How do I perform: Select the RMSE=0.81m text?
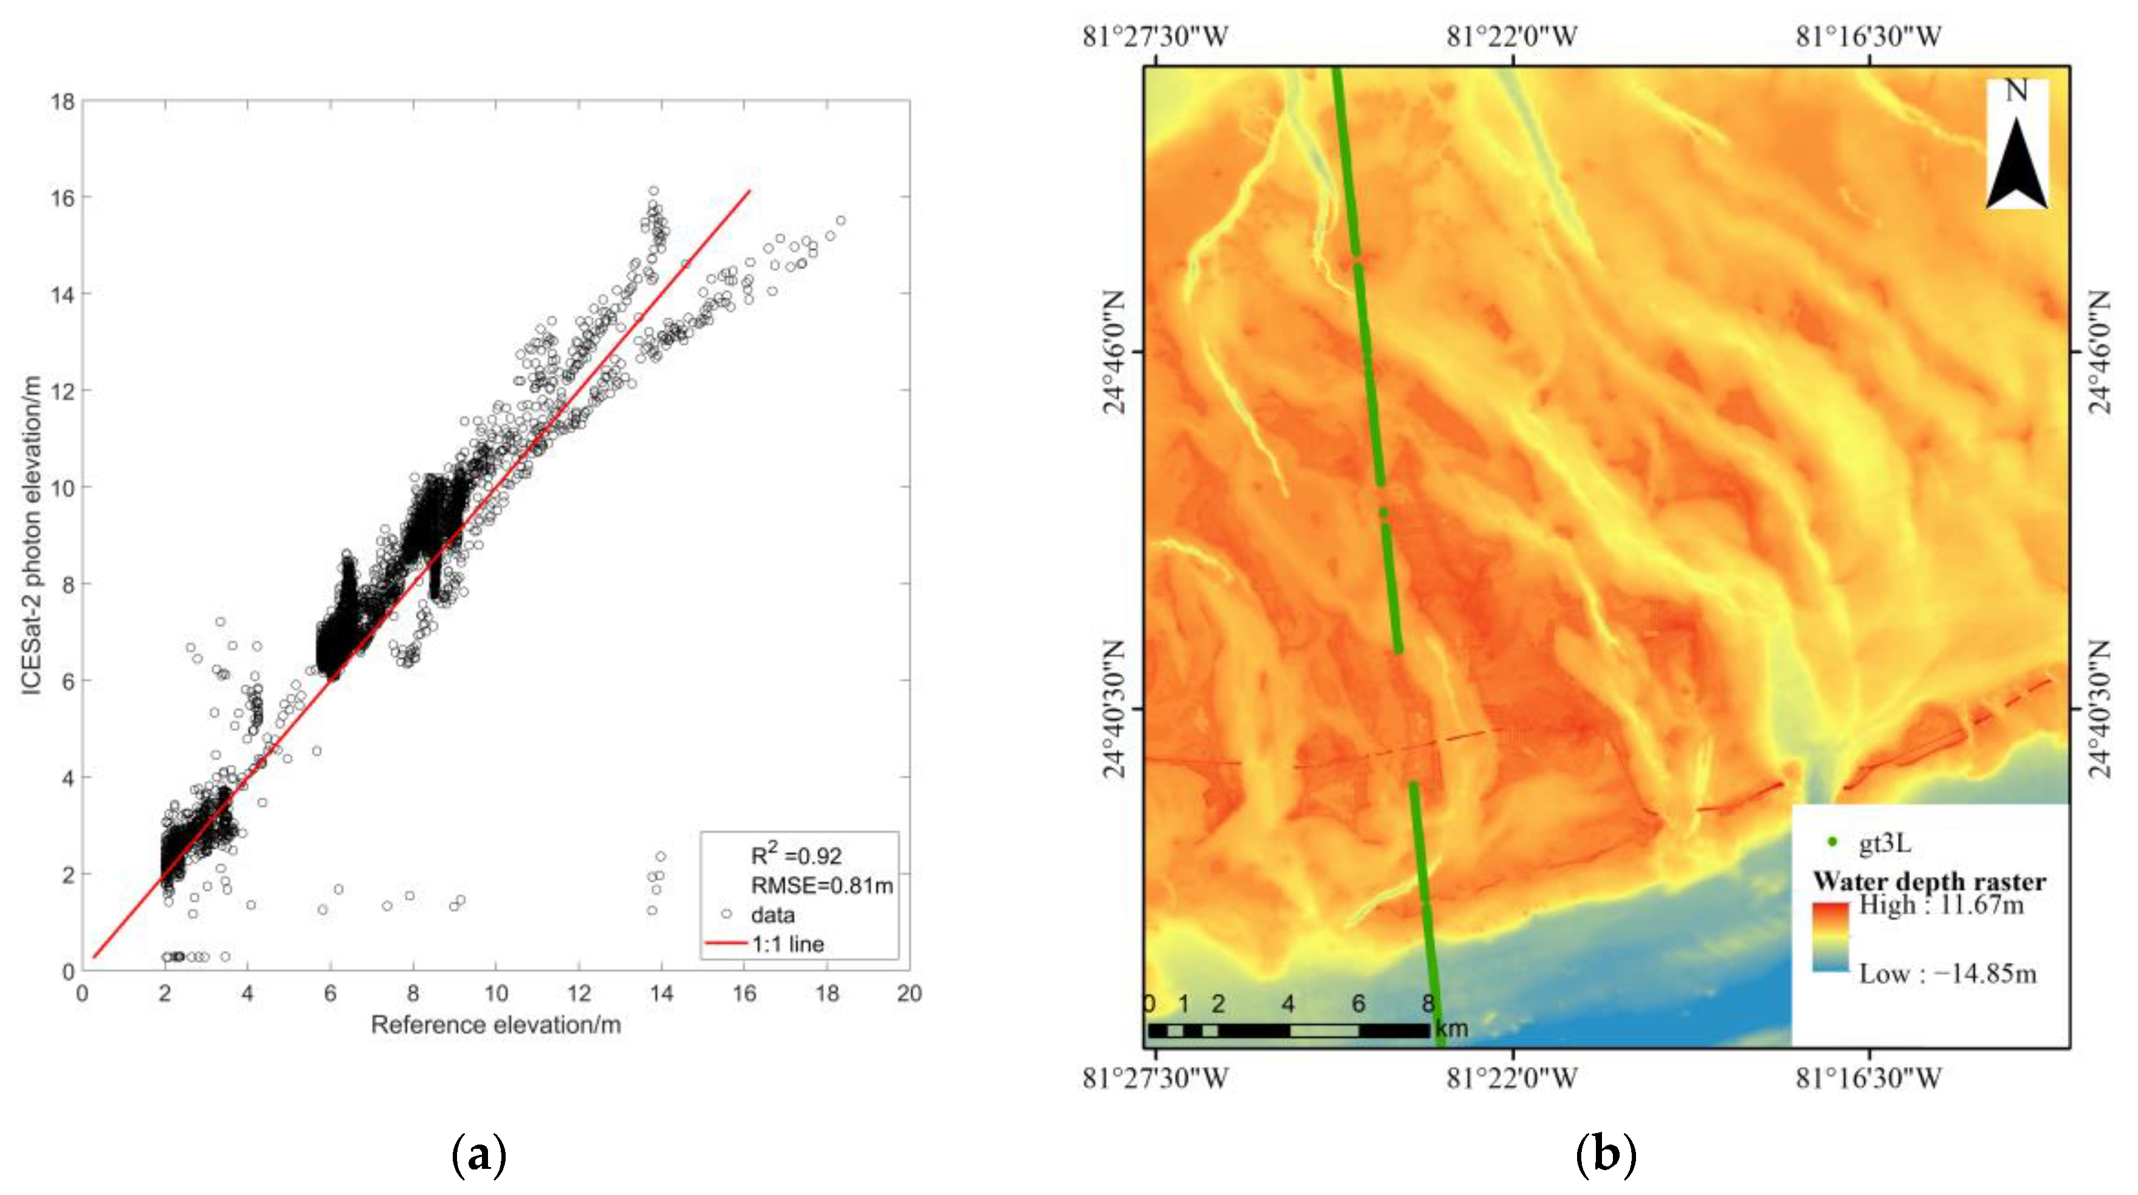[x=821, y=886]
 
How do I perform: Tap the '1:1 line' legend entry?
[x=787, y=943]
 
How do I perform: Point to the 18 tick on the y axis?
[x=63, y=102]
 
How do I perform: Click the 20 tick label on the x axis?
[x=909, y=993]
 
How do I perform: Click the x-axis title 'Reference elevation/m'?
[x=495, y=1025]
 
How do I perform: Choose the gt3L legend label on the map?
[x=1884, y=843]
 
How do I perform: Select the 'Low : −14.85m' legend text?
[x=1947, y=973]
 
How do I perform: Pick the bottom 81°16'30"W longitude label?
[x=1868, y=1079]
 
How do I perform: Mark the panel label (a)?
[x=478, y=1154]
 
